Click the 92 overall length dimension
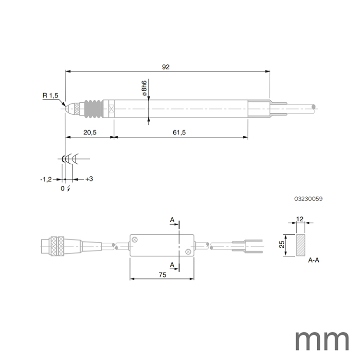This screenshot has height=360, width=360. pos(166,67)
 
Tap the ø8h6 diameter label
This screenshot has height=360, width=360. pos(144,89)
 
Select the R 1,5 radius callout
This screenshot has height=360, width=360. pos(50,96)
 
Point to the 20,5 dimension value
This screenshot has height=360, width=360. pos(89,132)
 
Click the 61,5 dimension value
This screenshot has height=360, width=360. pos(180,132)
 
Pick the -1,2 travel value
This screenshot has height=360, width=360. pos(46,179)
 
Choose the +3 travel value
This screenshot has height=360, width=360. pos(89,179)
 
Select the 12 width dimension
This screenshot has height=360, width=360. pos(300,219)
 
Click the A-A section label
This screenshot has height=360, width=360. pos(314,260)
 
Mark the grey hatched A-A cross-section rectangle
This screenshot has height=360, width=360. pos(300,245)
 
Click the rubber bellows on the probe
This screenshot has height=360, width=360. pos(93,108)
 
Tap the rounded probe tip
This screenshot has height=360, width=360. pos(69,108)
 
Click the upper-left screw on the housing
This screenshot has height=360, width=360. pos(136,240)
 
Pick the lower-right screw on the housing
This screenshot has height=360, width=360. pos(188,251)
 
